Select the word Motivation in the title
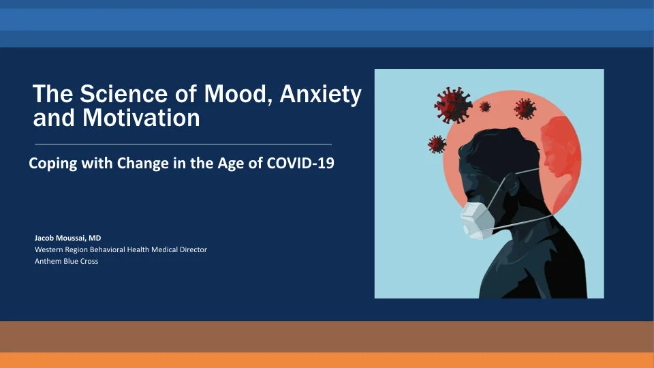[x=141, y=118]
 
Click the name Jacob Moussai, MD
[x=67, y=238]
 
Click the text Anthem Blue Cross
[x=66, y=261]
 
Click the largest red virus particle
[x=453, y=104]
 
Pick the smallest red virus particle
[x=485, y=106]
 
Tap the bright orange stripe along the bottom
[x=327, y=360]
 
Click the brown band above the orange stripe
[x=327, y=336]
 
